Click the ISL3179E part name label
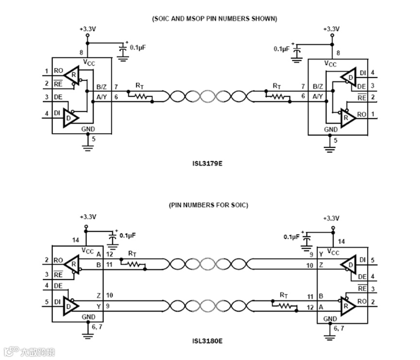pyautogui.click(x=207, y=164)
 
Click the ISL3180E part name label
pyautogui.click(x=207, y=340)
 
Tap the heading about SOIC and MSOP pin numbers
pyautogui.click(x=215, y=18)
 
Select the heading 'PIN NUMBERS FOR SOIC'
pyautogui.click(x=208, y=205)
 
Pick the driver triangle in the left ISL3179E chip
pyautogui.click(x=71, y=117)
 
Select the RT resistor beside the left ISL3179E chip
pyautogui.click(x=140, y=96)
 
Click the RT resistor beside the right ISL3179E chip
pyautogui.click(x=278, y=96)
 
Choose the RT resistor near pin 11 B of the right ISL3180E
pyautogui.click(x=286, y=306)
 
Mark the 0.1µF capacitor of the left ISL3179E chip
pyautogui.click(x=124, y=50)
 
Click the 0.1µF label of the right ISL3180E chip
pyautogui.click(x=291, y=237)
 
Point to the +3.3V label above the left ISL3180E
pyautogui.click(x=88, y=217)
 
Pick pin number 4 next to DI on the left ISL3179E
pyautogui.click(x=47, y=114)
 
